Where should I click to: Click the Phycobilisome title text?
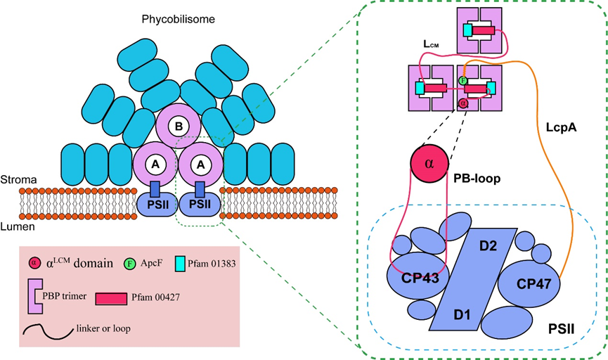(175, 20)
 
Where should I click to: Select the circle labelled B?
(178, 125)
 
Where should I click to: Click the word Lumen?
(17, 228)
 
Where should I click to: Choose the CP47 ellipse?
(530, 283)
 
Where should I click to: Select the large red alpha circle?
(430, 162)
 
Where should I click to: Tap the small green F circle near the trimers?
(463, 81)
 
